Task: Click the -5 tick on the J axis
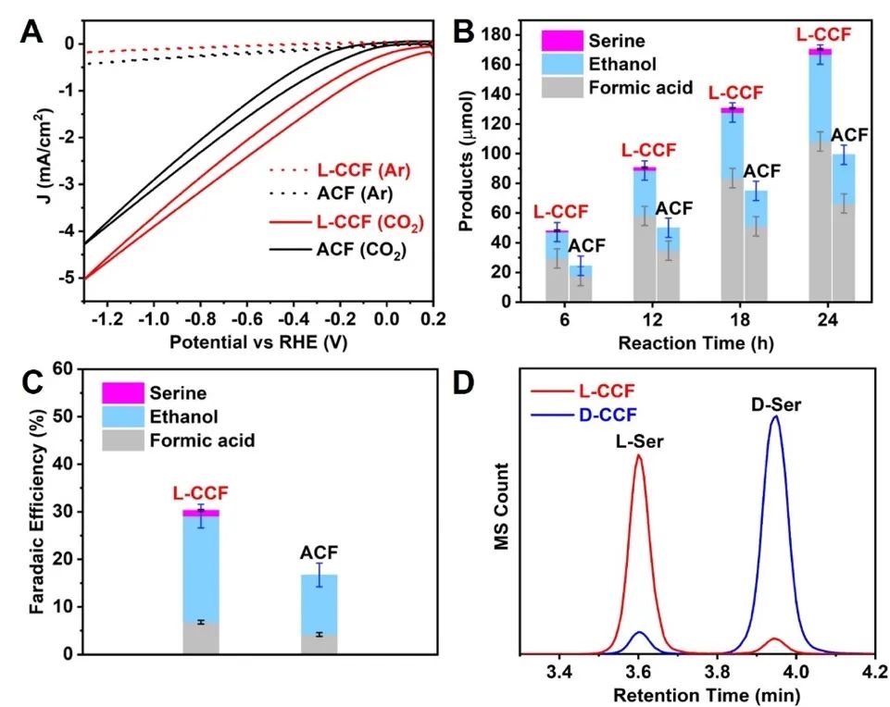pos(66,279)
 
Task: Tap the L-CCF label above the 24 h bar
pos(823,35)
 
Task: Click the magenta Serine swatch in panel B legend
pos(562,40)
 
